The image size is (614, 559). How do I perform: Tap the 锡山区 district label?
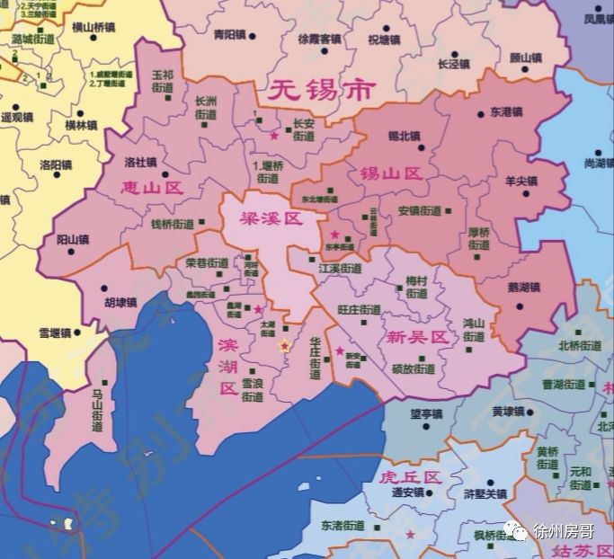pos(391,173)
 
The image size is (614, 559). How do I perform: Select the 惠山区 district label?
pos(152,188)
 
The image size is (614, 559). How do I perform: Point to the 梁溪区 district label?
pos(271,219)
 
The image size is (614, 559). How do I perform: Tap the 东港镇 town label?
pos(506,114)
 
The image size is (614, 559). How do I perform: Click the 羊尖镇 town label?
pos(520,181)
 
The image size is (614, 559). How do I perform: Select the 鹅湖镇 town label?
pos(522,288)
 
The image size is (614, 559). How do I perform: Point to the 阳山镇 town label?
pos(73,240)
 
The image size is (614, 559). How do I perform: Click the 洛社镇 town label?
pos(140,163)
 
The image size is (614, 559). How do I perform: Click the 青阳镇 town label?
pos(229,34)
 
